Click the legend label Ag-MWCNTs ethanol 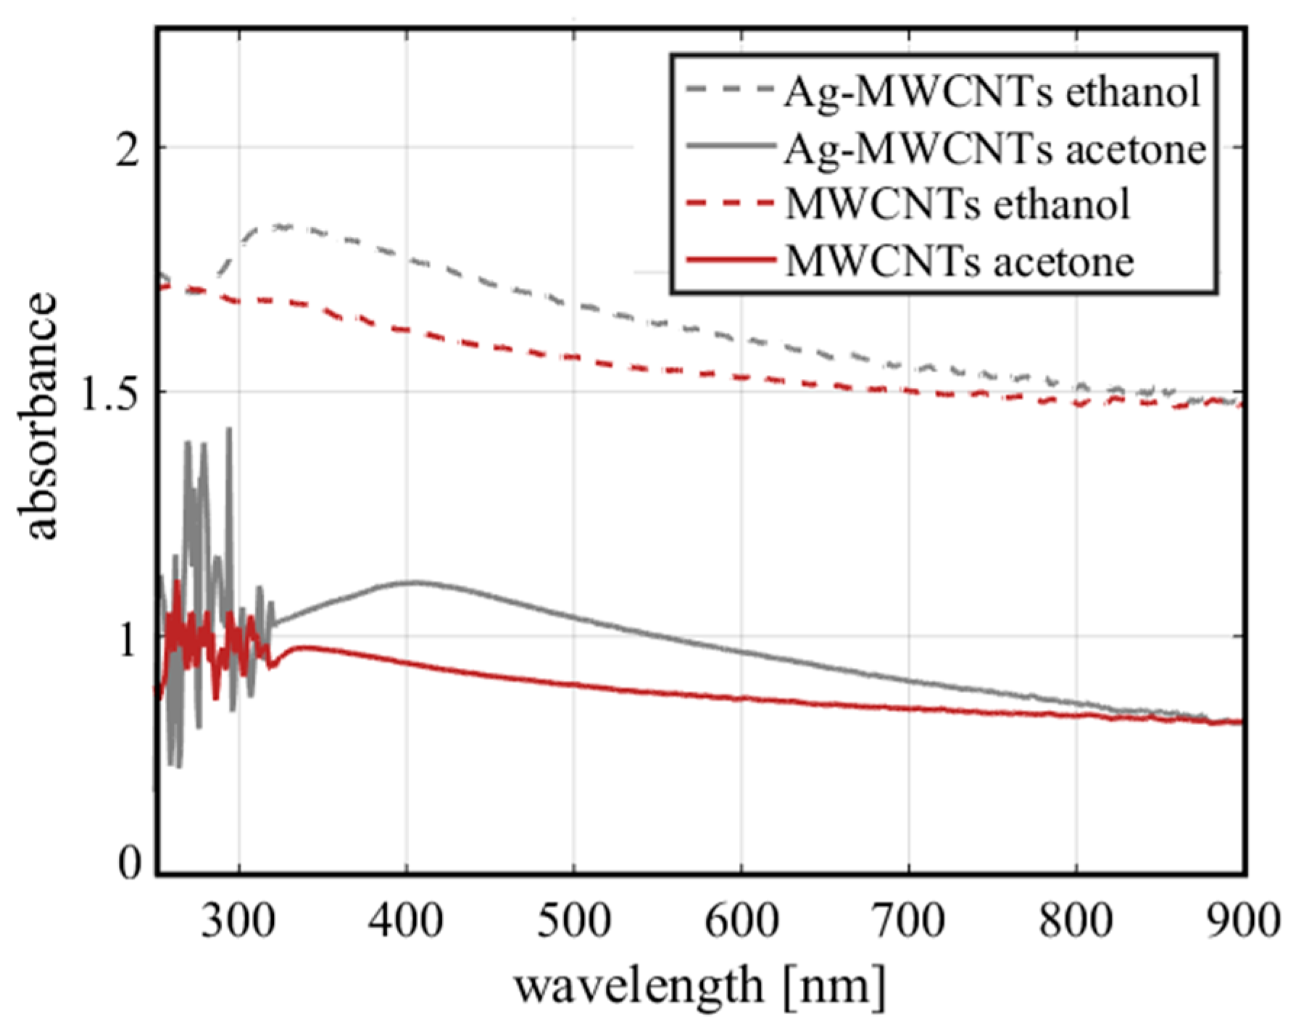[992, 93]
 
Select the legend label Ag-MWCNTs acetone [995, 149]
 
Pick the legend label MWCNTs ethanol [957, 204]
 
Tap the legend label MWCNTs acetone [960, 261]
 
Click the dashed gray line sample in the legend [730, 90]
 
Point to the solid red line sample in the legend [730, 260]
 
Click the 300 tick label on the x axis [238, 921]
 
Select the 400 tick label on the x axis [406, 921]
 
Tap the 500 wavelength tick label [573, 921]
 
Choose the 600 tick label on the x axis [741, 921]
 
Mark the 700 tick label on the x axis [908, 921]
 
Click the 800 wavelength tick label [1076, 921]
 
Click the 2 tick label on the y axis [128, 151]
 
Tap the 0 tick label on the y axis [129, 863]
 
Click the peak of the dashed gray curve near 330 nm [279, 227]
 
